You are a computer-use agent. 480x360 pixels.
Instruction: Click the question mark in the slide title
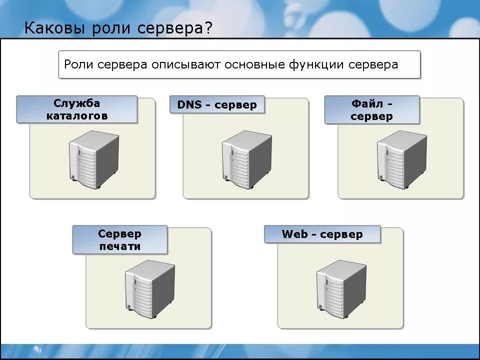[x=207, y=28]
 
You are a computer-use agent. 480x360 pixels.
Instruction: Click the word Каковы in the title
[x=55, y=28]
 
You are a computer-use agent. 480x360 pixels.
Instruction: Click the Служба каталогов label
[x=77, y=109]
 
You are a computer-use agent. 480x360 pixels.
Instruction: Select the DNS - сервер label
[x=217, y=105]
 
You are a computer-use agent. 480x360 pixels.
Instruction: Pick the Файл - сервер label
[x=371, y=110]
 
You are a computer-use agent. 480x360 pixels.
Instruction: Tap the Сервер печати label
[x=119, y=240]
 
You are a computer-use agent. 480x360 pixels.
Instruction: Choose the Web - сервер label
[x=322, y=234]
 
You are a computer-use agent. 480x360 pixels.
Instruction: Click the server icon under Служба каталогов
[x=93, y=158]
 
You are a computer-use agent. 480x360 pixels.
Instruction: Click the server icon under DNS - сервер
[x=247, y=158]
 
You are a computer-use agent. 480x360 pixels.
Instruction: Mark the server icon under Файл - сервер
[x=401, y=158]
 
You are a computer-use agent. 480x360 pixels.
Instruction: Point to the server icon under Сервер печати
[x=149, y=288]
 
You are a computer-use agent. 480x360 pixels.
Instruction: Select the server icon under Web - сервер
[x=341, y=288]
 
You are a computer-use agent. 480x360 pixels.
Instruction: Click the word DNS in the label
[x=189, y=105]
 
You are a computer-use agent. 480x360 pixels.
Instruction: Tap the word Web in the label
[x=294, y=234]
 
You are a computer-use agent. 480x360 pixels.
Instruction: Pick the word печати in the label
[x=119, y=246]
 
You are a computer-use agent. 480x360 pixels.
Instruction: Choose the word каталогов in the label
[x=77, y=116]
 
